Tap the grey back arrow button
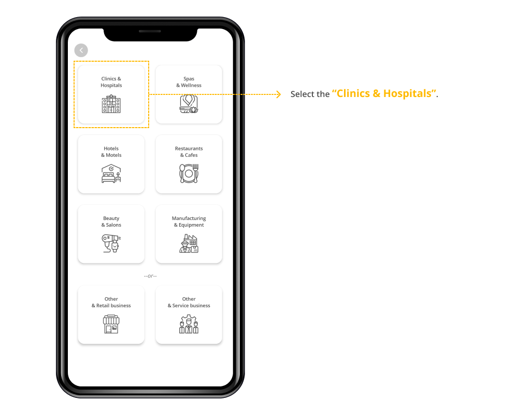(81, 50)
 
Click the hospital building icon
(111, 104)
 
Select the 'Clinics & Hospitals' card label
(111, 82)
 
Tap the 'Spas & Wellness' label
(189, 82)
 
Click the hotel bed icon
(111, 174)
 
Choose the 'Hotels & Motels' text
(111, 152)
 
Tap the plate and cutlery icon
(189, 174)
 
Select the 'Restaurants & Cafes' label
(189, 152)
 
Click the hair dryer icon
(111, 243)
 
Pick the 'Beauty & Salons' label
(111, 222)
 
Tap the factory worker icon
(189, 243)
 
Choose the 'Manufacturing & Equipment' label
(189, 222)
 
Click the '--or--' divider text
(150, 275)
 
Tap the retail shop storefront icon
(111, 324)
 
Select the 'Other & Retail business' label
(111, 302)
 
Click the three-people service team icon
(189, 324)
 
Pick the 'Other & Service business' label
(189, 302)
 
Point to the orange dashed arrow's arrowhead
(279, 94)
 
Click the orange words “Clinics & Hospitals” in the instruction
(384, 94)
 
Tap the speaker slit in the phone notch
(150, 32)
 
